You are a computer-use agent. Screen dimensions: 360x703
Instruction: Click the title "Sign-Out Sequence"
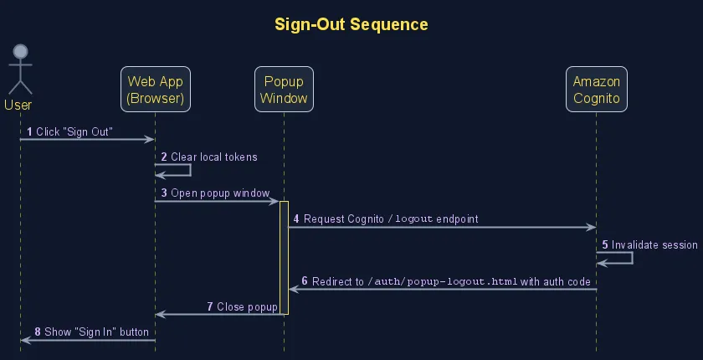point(351,24)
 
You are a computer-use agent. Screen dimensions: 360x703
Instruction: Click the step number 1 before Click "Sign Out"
point(29,132)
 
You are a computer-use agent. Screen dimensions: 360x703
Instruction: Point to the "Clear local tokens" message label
point(214,157)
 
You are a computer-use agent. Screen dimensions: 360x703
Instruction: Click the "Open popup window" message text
point(220,193)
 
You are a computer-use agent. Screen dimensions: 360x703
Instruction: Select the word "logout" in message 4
point(413,219)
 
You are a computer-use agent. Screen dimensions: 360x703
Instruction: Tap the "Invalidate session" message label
point(654,245)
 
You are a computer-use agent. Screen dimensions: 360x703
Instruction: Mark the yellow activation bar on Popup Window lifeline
point(284,258)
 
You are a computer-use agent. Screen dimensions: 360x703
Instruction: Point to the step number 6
point(305,282)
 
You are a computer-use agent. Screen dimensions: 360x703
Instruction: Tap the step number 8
point(38,332)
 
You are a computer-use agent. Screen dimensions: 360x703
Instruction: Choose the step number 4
point(296,219)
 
